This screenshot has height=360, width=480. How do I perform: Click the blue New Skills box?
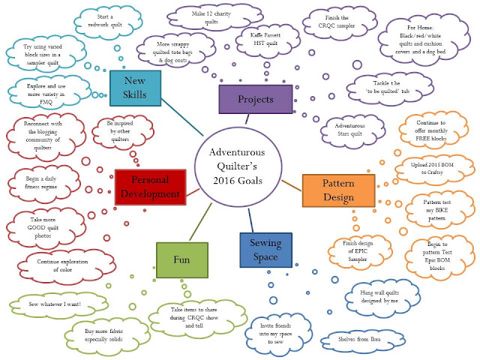tap(135, 88)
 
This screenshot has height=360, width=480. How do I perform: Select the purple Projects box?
tap(256, 99)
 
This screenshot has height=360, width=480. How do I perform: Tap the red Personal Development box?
tap(150, 187)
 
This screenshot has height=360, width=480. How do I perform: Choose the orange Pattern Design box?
tap(338, 190)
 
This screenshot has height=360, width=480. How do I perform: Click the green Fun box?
tap(182, 260)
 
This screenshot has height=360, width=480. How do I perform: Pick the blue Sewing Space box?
tap(265, 250)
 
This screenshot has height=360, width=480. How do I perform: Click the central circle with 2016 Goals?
tap(238, 166)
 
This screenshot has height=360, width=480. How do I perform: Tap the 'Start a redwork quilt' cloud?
tap(108, 22)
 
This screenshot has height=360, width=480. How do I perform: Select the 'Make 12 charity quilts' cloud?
tap(214, 18)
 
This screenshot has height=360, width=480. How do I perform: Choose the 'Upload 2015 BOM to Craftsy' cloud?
tap(434, 169)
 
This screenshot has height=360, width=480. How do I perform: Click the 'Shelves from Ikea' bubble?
tap(362, 340)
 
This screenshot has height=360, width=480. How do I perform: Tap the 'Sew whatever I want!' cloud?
tap(58, 304)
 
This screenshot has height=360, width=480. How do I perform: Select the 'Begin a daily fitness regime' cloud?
tap(43, 183)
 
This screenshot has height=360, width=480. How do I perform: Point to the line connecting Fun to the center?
tap(200, 222)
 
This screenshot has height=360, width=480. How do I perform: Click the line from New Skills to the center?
tap(182, 117)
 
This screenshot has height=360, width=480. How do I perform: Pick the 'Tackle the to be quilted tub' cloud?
tap(390, 88)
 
